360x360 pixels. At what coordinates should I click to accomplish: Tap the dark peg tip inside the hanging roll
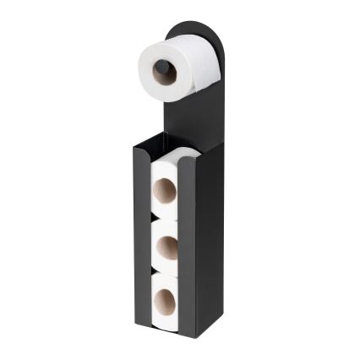[161, 67]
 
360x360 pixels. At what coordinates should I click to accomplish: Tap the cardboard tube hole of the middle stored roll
[166, 246]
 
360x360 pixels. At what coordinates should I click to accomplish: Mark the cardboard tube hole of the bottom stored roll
[164, 298]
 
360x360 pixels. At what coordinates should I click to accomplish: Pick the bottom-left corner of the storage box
[136, 324]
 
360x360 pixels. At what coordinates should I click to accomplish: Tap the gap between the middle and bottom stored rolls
[166, 272]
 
